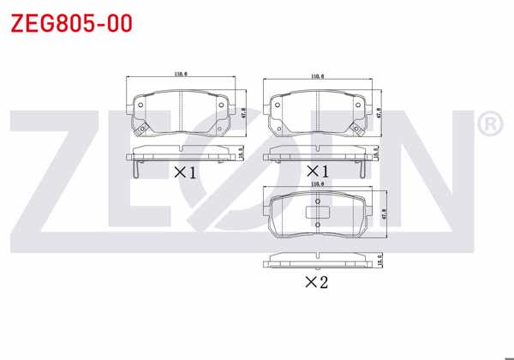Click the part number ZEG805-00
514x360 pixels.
[x=71, y=23]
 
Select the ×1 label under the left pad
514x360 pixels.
[x=184, y=172]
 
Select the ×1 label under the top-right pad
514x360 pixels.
[x=318, y=172]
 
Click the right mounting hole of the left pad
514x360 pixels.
[x=221, y=107]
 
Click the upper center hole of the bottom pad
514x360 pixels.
[x=317, y=202]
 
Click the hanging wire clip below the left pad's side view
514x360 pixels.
[x=135, y=169]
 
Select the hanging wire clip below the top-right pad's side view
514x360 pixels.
[x=363, y=169]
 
